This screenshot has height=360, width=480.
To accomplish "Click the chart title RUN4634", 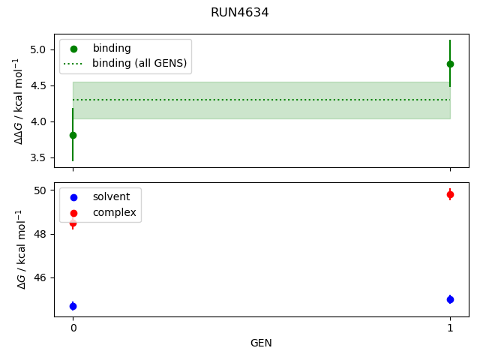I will (x=240, y=13).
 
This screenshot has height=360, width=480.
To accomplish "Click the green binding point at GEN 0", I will (x=73, y=135).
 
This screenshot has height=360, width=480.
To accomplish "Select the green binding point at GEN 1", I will (x=450, y=64).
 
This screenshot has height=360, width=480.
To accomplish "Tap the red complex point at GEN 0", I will (x=73, y=223).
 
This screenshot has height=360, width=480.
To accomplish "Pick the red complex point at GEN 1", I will (x=450, y=194).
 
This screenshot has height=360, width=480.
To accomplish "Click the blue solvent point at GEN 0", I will (x=73, y=306).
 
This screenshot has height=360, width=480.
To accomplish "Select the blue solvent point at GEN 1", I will (x=450, y=299).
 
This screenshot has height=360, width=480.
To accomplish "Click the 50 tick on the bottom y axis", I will (x=41, y=190).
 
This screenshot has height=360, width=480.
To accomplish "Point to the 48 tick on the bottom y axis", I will (x=41, y=234).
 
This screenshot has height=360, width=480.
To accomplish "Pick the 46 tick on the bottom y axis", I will (x=41, y=277).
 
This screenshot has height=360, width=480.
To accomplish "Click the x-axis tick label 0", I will (x=73, y=328).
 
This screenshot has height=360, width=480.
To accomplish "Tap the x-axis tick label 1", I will (x=450, y=328).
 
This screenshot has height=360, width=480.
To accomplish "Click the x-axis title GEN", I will (x=261, y=343).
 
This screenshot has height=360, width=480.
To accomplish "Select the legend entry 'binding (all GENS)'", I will (x=139, y=63).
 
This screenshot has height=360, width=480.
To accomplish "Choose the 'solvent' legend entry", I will (x=111, y=196).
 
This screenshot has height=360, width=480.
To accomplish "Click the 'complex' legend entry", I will (x=114, y=212).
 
